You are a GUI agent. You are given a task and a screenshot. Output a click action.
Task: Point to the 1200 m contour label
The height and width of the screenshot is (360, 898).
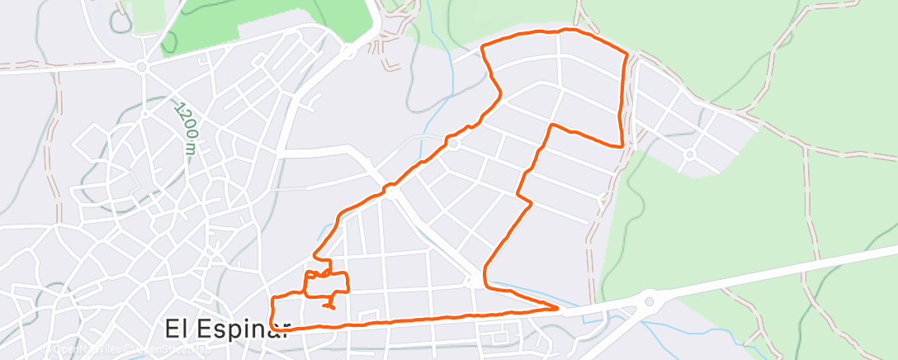pyautogui.click(x=187, y=128)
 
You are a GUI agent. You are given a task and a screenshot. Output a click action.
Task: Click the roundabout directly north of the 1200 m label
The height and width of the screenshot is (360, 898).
pyautogui.click(x=142, y=67)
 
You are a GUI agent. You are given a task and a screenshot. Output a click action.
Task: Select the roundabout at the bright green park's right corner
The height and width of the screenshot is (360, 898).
pyautogui.click(x=349, y=51)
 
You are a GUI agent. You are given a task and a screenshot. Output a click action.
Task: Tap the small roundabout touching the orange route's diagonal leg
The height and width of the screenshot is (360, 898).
pyautogui.click(x=454, y=144)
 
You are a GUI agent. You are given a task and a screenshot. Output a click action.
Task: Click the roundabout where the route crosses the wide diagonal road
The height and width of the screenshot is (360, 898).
pyautogui.click(x=390, y=191)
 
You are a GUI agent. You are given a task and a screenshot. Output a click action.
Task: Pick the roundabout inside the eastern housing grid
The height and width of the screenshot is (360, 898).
pyautogui.click(x=688, y=154)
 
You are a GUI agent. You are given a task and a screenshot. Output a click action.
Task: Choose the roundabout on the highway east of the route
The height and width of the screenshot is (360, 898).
pyautogui.click(x=649, y=301)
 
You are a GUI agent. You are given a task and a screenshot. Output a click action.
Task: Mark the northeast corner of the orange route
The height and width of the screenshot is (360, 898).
pyautogui.click(x=628, y=54)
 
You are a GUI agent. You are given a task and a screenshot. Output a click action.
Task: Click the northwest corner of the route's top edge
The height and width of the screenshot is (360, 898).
pyautogui.click(x=482, y=46)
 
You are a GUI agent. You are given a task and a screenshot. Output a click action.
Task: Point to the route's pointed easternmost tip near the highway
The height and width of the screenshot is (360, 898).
pyautogui.click(x=557, y=309)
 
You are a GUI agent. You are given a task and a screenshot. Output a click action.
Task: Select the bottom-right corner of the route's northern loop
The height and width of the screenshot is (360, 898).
pyautogui.click(x=621, y=146)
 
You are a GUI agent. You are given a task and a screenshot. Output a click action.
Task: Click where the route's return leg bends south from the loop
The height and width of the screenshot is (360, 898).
pyautogui.click(x=551, y=126)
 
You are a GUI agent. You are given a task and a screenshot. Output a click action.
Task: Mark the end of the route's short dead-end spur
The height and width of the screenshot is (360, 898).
pyautogui.click(x=333, y=307)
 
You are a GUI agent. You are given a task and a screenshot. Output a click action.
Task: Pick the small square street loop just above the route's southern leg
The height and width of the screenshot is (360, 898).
pyautogui.click(x=499, y=336)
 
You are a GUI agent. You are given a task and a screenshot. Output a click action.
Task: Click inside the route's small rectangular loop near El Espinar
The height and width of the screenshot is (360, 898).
pyautogui.click(x=327, y=283)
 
